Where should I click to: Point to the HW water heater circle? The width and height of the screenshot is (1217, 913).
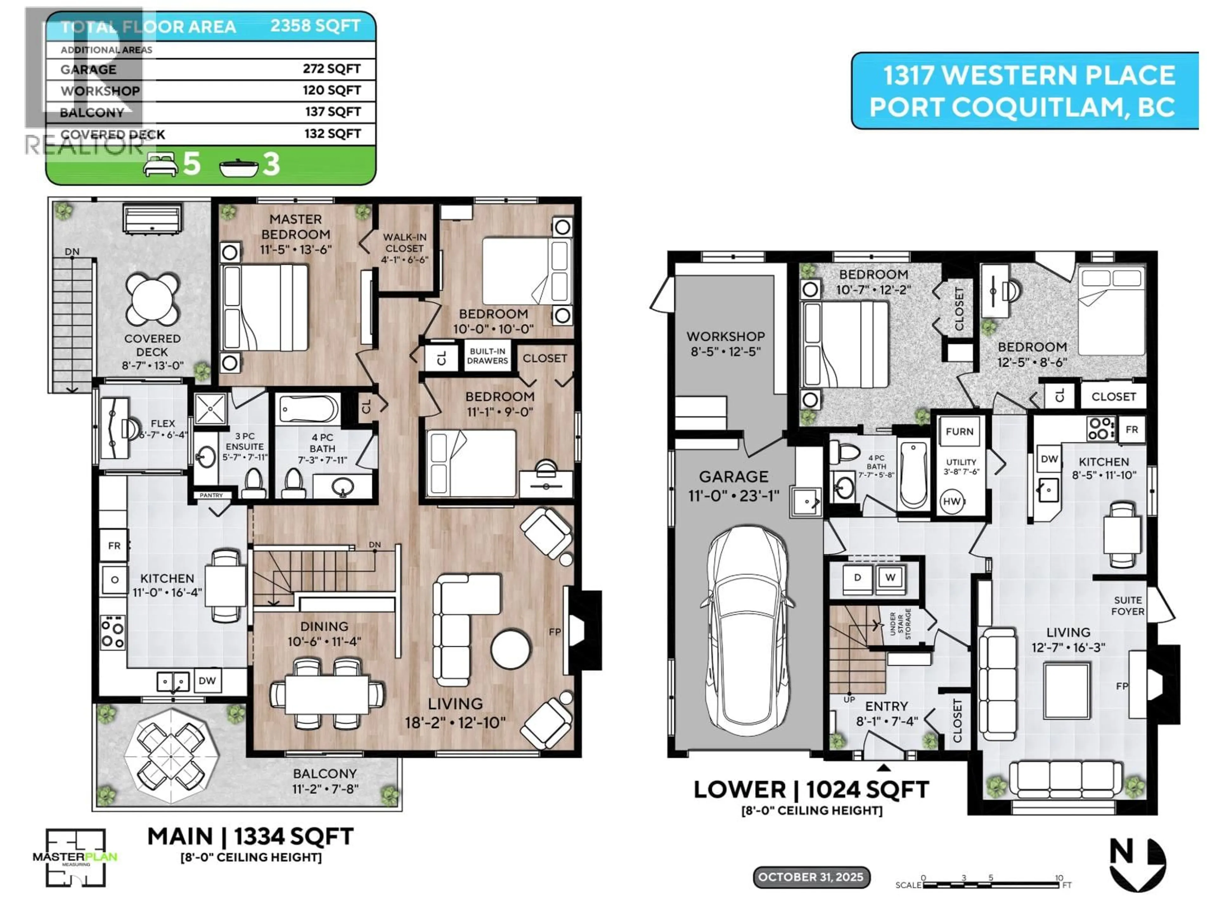click(951, 501)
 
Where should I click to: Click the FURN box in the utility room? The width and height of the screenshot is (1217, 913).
click(960, 432)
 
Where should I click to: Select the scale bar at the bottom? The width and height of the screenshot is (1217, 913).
click(990, 885)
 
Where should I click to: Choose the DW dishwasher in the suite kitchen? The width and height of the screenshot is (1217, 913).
click(1049, 459)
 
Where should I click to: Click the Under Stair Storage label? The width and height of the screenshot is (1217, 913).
click(900, 624)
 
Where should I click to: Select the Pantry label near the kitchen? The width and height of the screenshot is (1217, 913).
click(211, 495)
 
